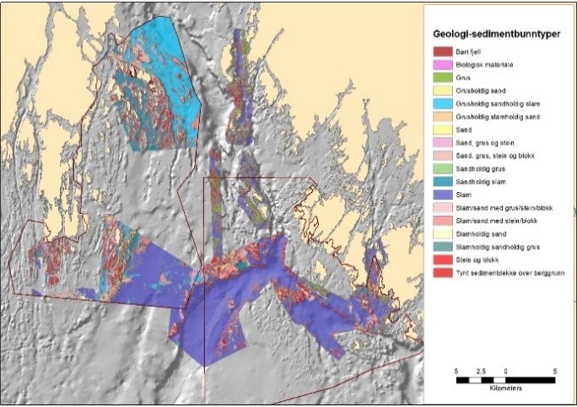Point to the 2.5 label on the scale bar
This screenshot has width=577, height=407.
[x=481, y=371]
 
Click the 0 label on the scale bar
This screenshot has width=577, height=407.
[x=505, y=371]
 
